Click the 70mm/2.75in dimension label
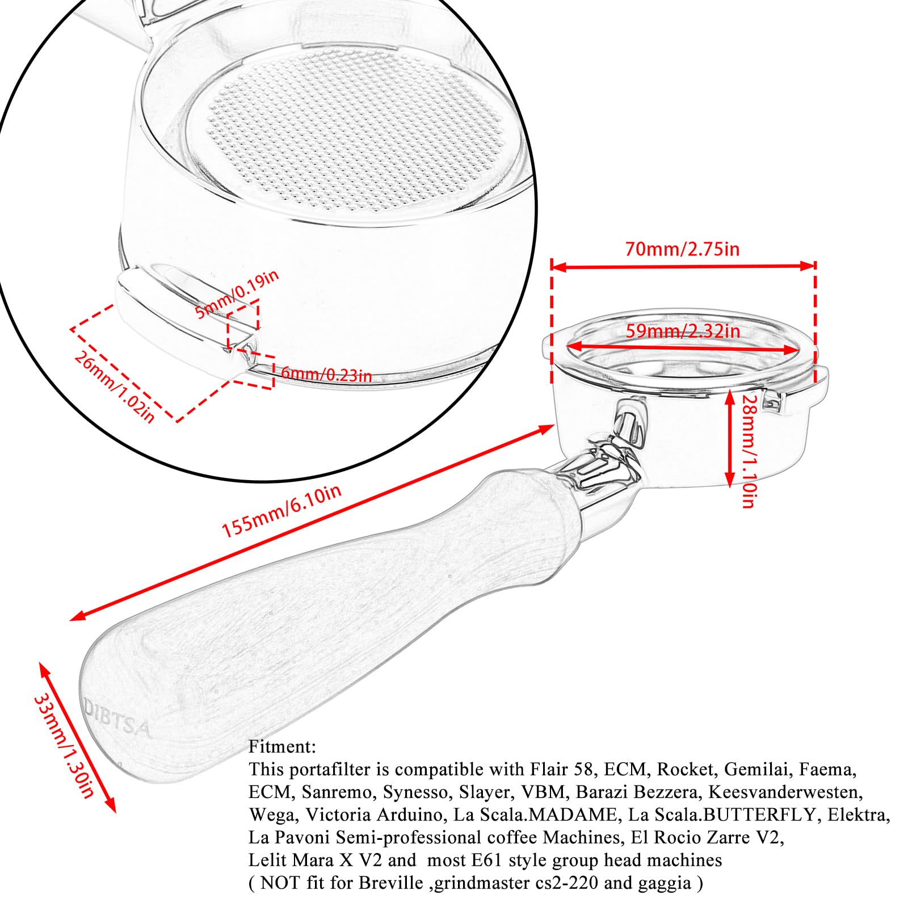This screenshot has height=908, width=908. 682,249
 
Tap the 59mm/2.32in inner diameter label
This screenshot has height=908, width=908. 683,331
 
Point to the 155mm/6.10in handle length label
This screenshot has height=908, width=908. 281,511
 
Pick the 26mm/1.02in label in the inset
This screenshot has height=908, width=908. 114,387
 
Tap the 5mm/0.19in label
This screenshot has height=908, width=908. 237,295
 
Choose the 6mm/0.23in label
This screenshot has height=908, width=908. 326,375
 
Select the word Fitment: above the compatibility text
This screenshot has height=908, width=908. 282,747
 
